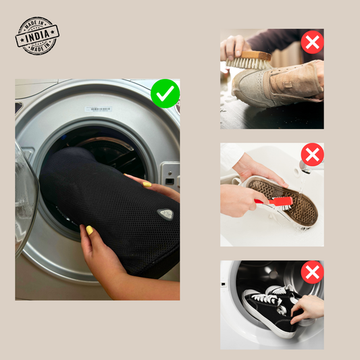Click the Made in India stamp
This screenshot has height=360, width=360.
click(37, 36)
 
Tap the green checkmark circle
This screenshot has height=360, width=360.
click(165, 93)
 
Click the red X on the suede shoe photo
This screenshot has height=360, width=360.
click(312, 43)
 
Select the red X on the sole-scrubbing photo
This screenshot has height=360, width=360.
click(312, 155)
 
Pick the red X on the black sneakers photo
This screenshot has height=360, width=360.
click(312, 272)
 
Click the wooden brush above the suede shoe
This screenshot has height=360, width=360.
click(249, 60)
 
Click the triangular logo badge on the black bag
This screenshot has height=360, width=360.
click(165, 214)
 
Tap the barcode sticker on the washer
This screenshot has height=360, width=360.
click(98, 109)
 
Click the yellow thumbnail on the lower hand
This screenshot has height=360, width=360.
click(89, 230)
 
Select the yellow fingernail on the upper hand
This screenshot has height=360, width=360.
click(147, 184)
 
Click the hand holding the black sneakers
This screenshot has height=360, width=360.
click(307, 307)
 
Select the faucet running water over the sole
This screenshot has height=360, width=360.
click(305, 167)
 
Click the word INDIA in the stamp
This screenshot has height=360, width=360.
click(37, 36)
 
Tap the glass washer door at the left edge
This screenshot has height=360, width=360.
click(26, 197)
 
